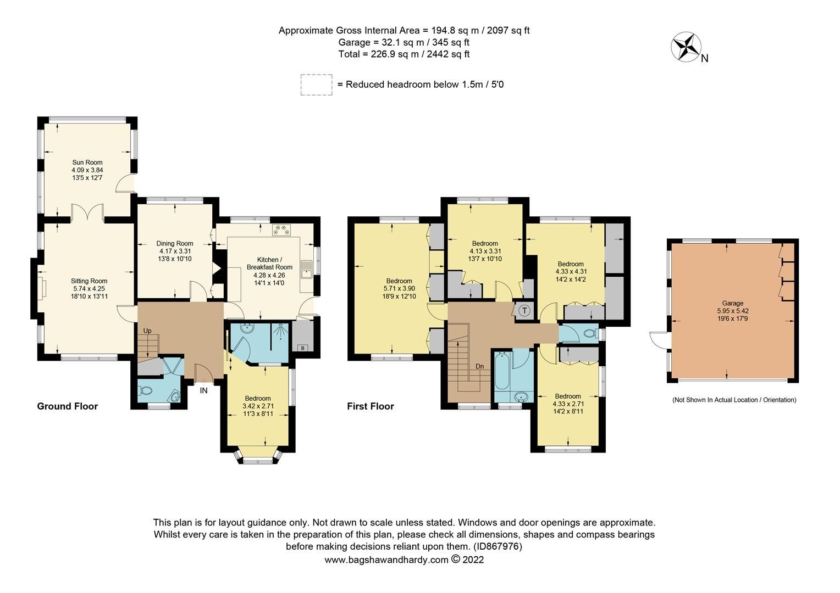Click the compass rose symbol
pyautogui.click(x=684, y=47)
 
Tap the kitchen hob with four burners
pyautogui.click(x=283, y=230)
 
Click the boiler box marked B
pyautogui.click(x=301, y=348)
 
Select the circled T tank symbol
pyautogui.click(x=524, y=311)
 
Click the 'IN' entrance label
pyautogui.click(x=204, y=391)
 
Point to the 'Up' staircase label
pyautogui.click(x=147, y=331)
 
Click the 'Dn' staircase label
pyautogui.click(x=479, y=366)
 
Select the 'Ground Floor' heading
pyautogui.click(x=67, y=406)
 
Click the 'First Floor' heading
pyautogui.click(x=370, y=406)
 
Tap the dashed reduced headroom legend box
pyautogui.click(x=316, y=85)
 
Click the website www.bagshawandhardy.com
pyautogui.click(x=386, y=560)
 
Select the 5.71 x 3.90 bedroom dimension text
pyautogui.click(x=399, y=288)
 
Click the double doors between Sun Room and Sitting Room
pyautogui.click(x=87, y=213)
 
